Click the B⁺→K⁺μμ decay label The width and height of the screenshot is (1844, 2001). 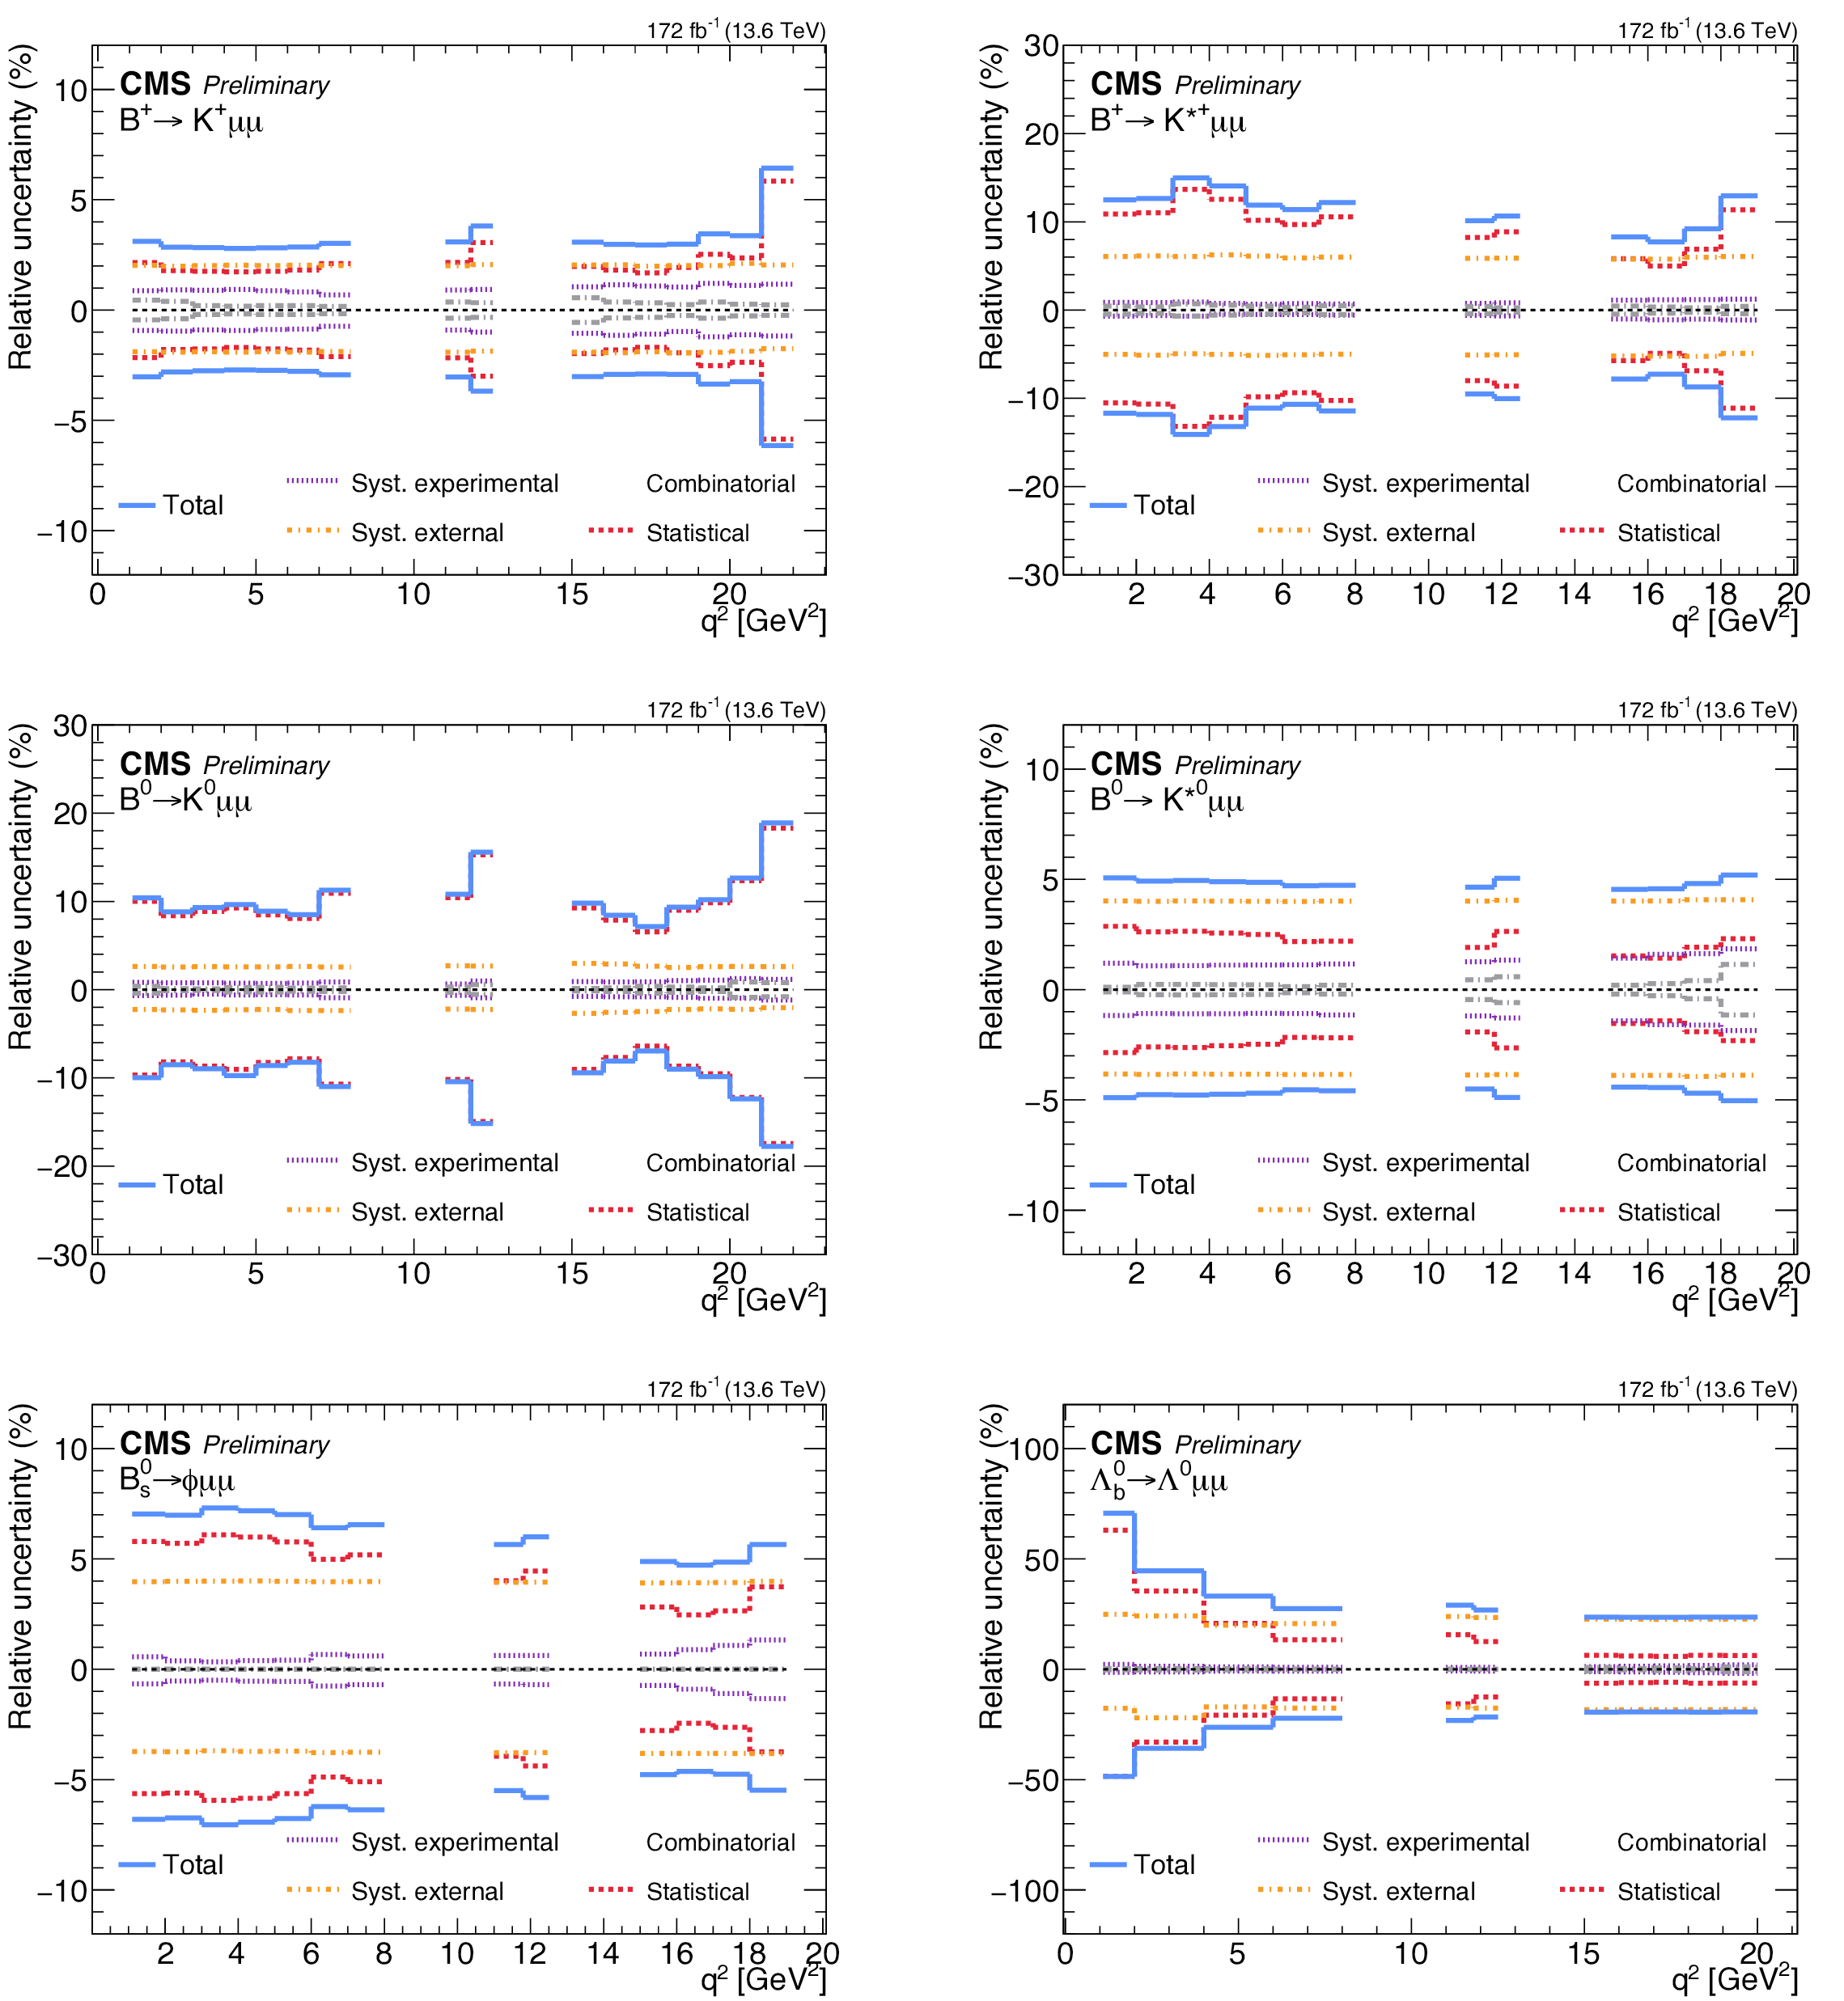[191, 121]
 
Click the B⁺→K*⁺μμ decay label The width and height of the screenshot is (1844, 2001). [1168, 121]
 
